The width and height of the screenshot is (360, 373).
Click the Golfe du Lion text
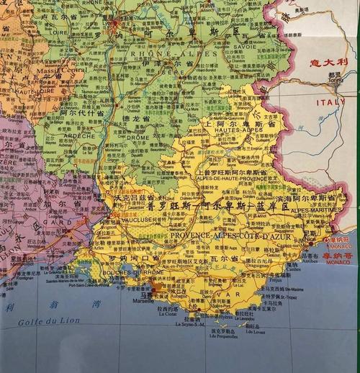(x=42, y=321)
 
